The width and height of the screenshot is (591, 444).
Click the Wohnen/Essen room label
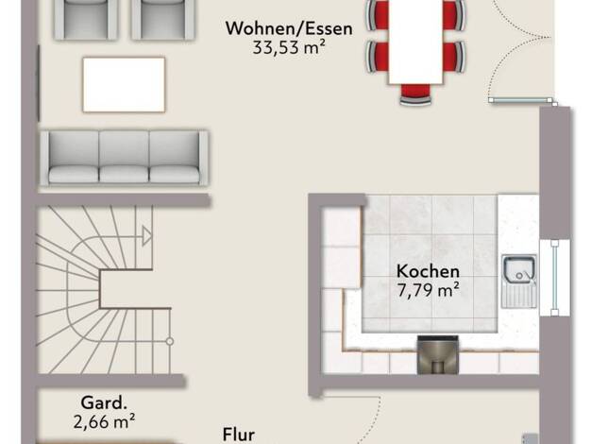tap(289, 28)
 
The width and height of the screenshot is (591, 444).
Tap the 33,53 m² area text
tap(289, 48)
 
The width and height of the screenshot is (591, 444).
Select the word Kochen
tap(429, 272)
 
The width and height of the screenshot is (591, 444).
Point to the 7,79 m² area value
tap(429, 290)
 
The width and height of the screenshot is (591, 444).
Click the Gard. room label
tap(104, 402)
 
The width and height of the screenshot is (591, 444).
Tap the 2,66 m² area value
tap(105, 421)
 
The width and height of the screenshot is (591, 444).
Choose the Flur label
tap(239, 435)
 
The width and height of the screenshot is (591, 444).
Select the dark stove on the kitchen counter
tap(438, 354)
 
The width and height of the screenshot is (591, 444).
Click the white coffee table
tap(124, 84)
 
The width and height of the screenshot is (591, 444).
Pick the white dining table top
tap(415, 41)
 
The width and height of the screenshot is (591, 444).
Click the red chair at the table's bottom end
tap(415, 94)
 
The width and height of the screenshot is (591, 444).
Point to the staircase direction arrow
tap(146, 236)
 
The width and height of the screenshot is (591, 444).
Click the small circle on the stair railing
tap(170, 341)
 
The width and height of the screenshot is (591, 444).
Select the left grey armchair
tap(86, 19)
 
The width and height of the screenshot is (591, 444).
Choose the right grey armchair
tap(162, 19)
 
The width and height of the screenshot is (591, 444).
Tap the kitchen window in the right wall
tap(555, 278)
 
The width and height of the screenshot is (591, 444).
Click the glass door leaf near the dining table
tap(520, 100)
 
